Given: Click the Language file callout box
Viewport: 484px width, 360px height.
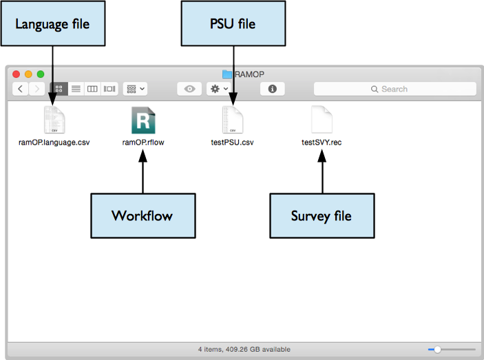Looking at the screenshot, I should click(x=53, y=24).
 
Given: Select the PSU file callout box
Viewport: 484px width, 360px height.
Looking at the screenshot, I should click(x=233, y=24).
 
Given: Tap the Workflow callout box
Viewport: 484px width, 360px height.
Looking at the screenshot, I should click(x=143, y=215).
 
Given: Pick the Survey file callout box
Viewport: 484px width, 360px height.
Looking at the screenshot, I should click(x=322, y=215).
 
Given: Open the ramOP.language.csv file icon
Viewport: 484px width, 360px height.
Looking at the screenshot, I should click(x=54, y=120).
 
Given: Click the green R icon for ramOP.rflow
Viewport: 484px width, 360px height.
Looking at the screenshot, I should click(x=143, y=120).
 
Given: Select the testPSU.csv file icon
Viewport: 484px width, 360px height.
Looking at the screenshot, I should click(x=233, y=120).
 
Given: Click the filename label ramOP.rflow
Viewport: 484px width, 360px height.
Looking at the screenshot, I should click(x=143, y=143).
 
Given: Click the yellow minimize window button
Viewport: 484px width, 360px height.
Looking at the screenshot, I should click(x=28, y=74).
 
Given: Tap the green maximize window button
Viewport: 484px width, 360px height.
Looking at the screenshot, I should click(x=41, y=74).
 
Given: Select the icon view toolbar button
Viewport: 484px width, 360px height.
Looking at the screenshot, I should click(x=59, y=89).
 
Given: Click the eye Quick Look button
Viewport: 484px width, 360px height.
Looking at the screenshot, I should click(x=189, y=89).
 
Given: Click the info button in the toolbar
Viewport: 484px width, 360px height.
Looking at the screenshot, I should click(x=273, y=89).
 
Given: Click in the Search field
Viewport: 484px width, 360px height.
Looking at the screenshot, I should click(x=394, y=89).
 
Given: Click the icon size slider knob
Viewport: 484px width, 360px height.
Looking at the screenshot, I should click(x=437, y=350).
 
